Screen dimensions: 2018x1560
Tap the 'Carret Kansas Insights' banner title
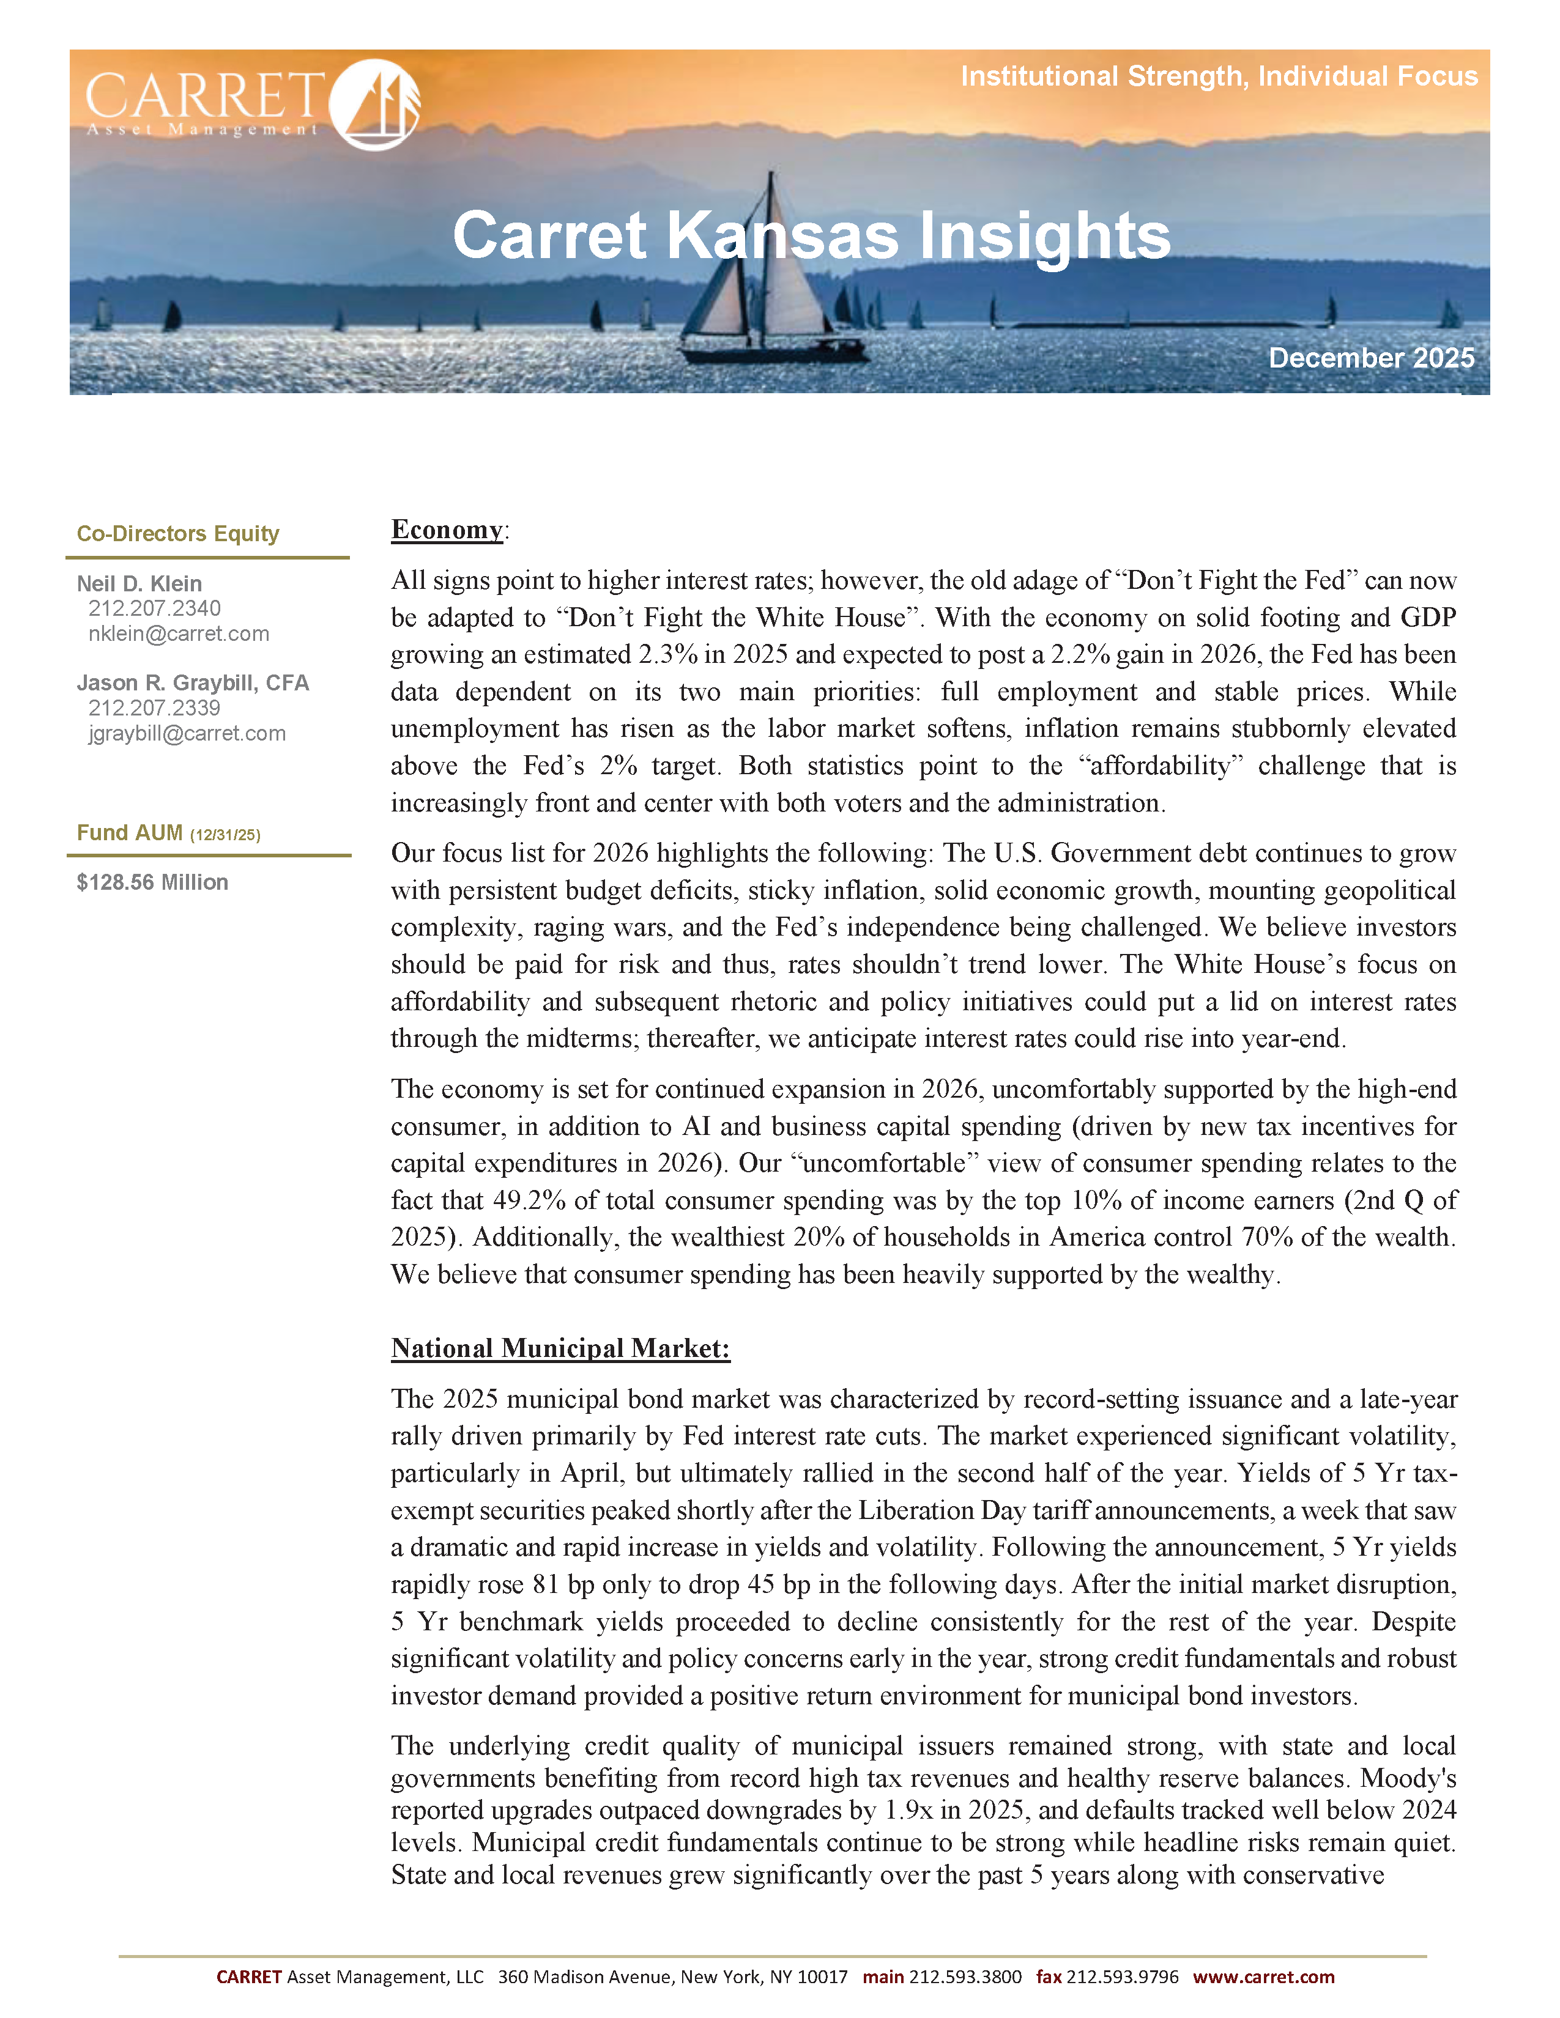tap(811, 235)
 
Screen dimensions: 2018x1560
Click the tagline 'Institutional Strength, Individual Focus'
tap(1218, 76)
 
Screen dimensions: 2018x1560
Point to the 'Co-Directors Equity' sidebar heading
tap(177, 533)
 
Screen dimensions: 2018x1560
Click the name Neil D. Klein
tap(139, 584)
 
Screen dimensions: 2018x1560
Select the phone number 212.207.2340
tap(154, 608)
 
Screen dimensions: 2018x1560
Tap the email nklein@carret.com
tap(179, 634)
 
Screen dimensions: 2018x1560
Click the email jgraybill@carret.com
tap(187, 734)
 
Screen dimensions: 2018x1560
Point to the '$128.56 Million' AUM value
tap(152, 882)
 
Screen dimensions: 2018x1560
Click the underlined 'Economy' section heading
tap(447, 530)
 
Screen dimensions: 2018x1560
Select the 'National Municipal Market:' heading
tap(560, 1348)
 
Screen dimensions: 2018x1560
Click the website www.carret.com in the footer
tap(1263, 1976)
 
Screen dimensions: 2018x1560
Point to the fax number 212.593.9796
tap(1122, 1976)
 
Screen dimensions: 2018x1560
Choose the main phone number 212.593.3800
tap(965, 1976)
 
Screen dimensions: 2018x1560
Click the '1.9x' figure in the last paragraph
tap(907, 1809)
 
